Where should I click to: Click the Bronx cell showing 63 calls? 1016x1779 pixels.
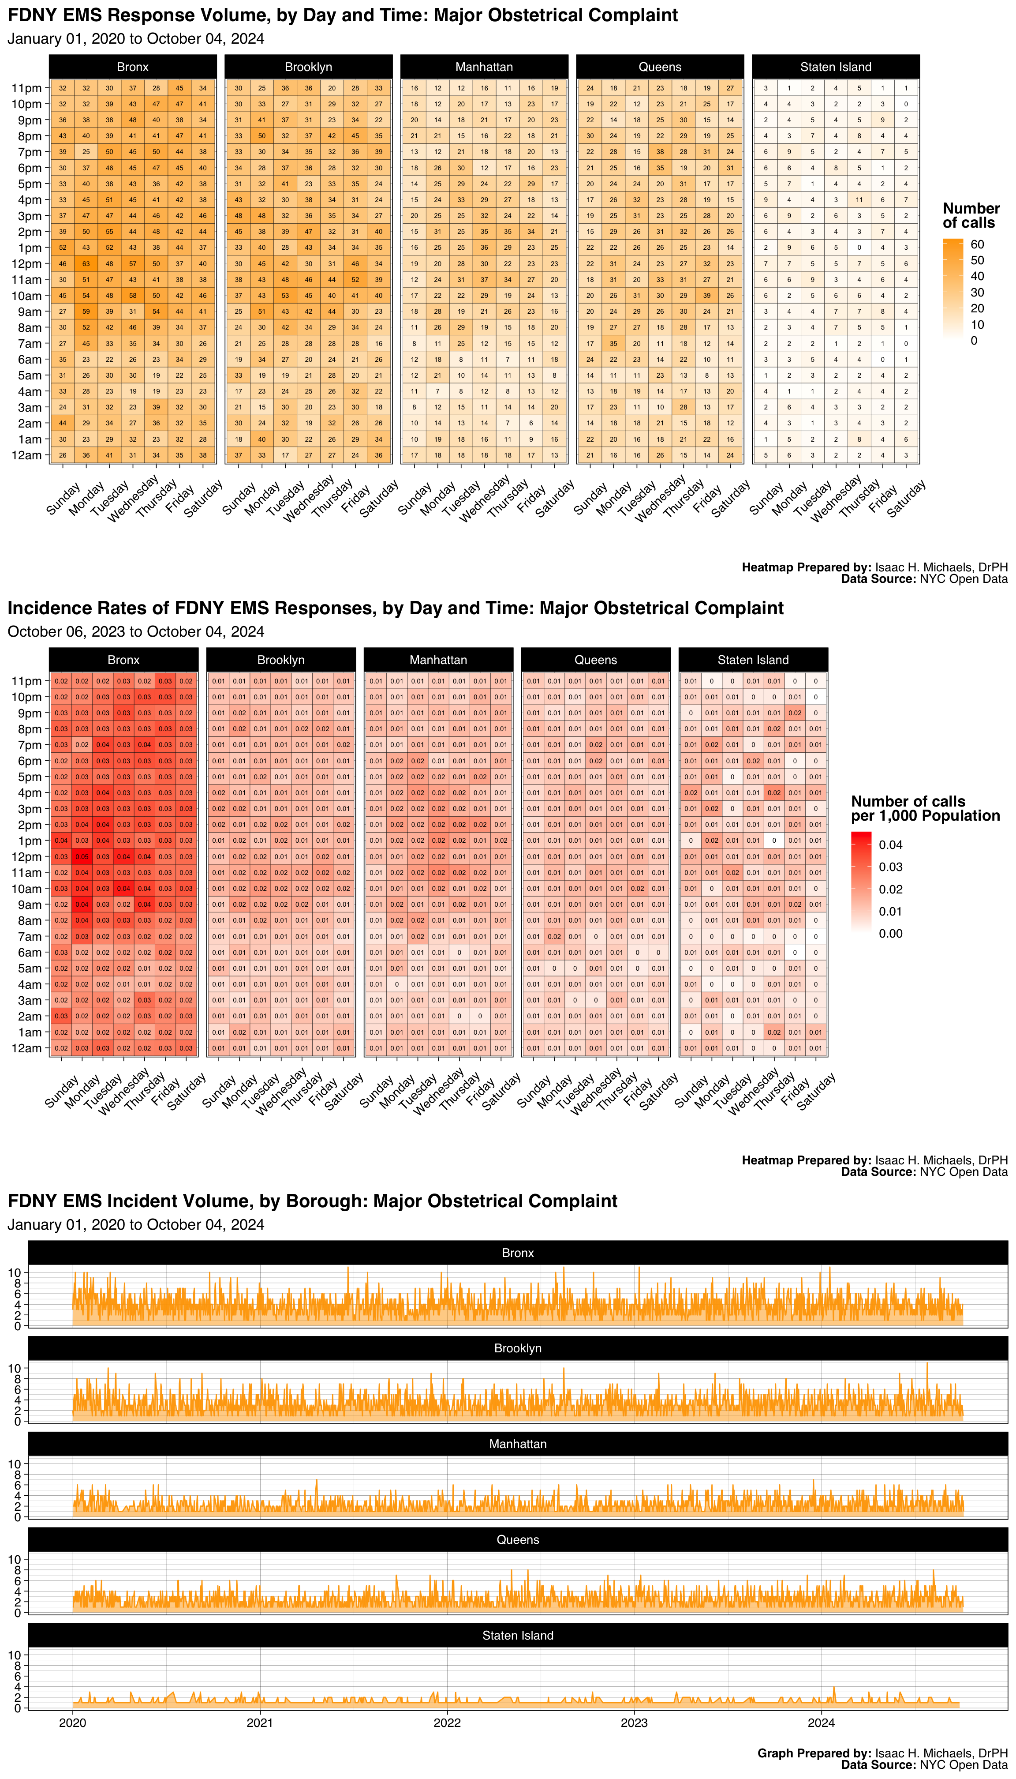pyautogui.click(x=86, y=264)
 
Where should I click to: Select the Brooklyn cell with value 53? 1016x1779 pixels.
pyautogui.click(x=285, y=295)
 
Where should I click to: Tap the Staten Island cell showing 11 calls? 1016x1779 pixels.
pyautogui.click(x=859, y=200)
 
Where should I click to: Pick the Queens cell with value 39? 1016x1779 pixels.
pyautogui.click(x=707, y=295)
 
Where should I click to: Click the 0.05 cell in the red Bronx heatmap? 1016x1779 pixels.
pyautogui.click(x=82, y=857)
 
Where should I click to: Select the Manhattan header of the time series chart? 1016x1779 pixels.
pyautogui.click(x=518, y=1444)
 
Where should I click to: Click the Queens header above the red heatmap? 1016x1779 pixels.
pyautogui.click(x=595, y=660)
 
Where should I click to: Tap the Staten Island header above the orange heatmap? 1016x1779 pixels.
pyautogui.click(x=835, y=67)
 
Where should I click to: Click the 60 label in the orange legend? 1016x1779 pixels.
pyautogui.click(x=977, y=244)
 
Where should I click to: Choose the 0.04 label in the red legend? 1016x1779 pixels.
pyautogui.click(x=890, y=845)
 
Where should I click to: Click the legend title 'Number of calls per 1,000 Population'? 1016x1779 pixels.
pyautogui.click(x=925, y=808)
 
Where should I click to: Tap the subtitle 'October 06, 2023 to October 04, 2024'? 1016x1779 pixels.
pyautogui.click(x=135, y=632)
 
